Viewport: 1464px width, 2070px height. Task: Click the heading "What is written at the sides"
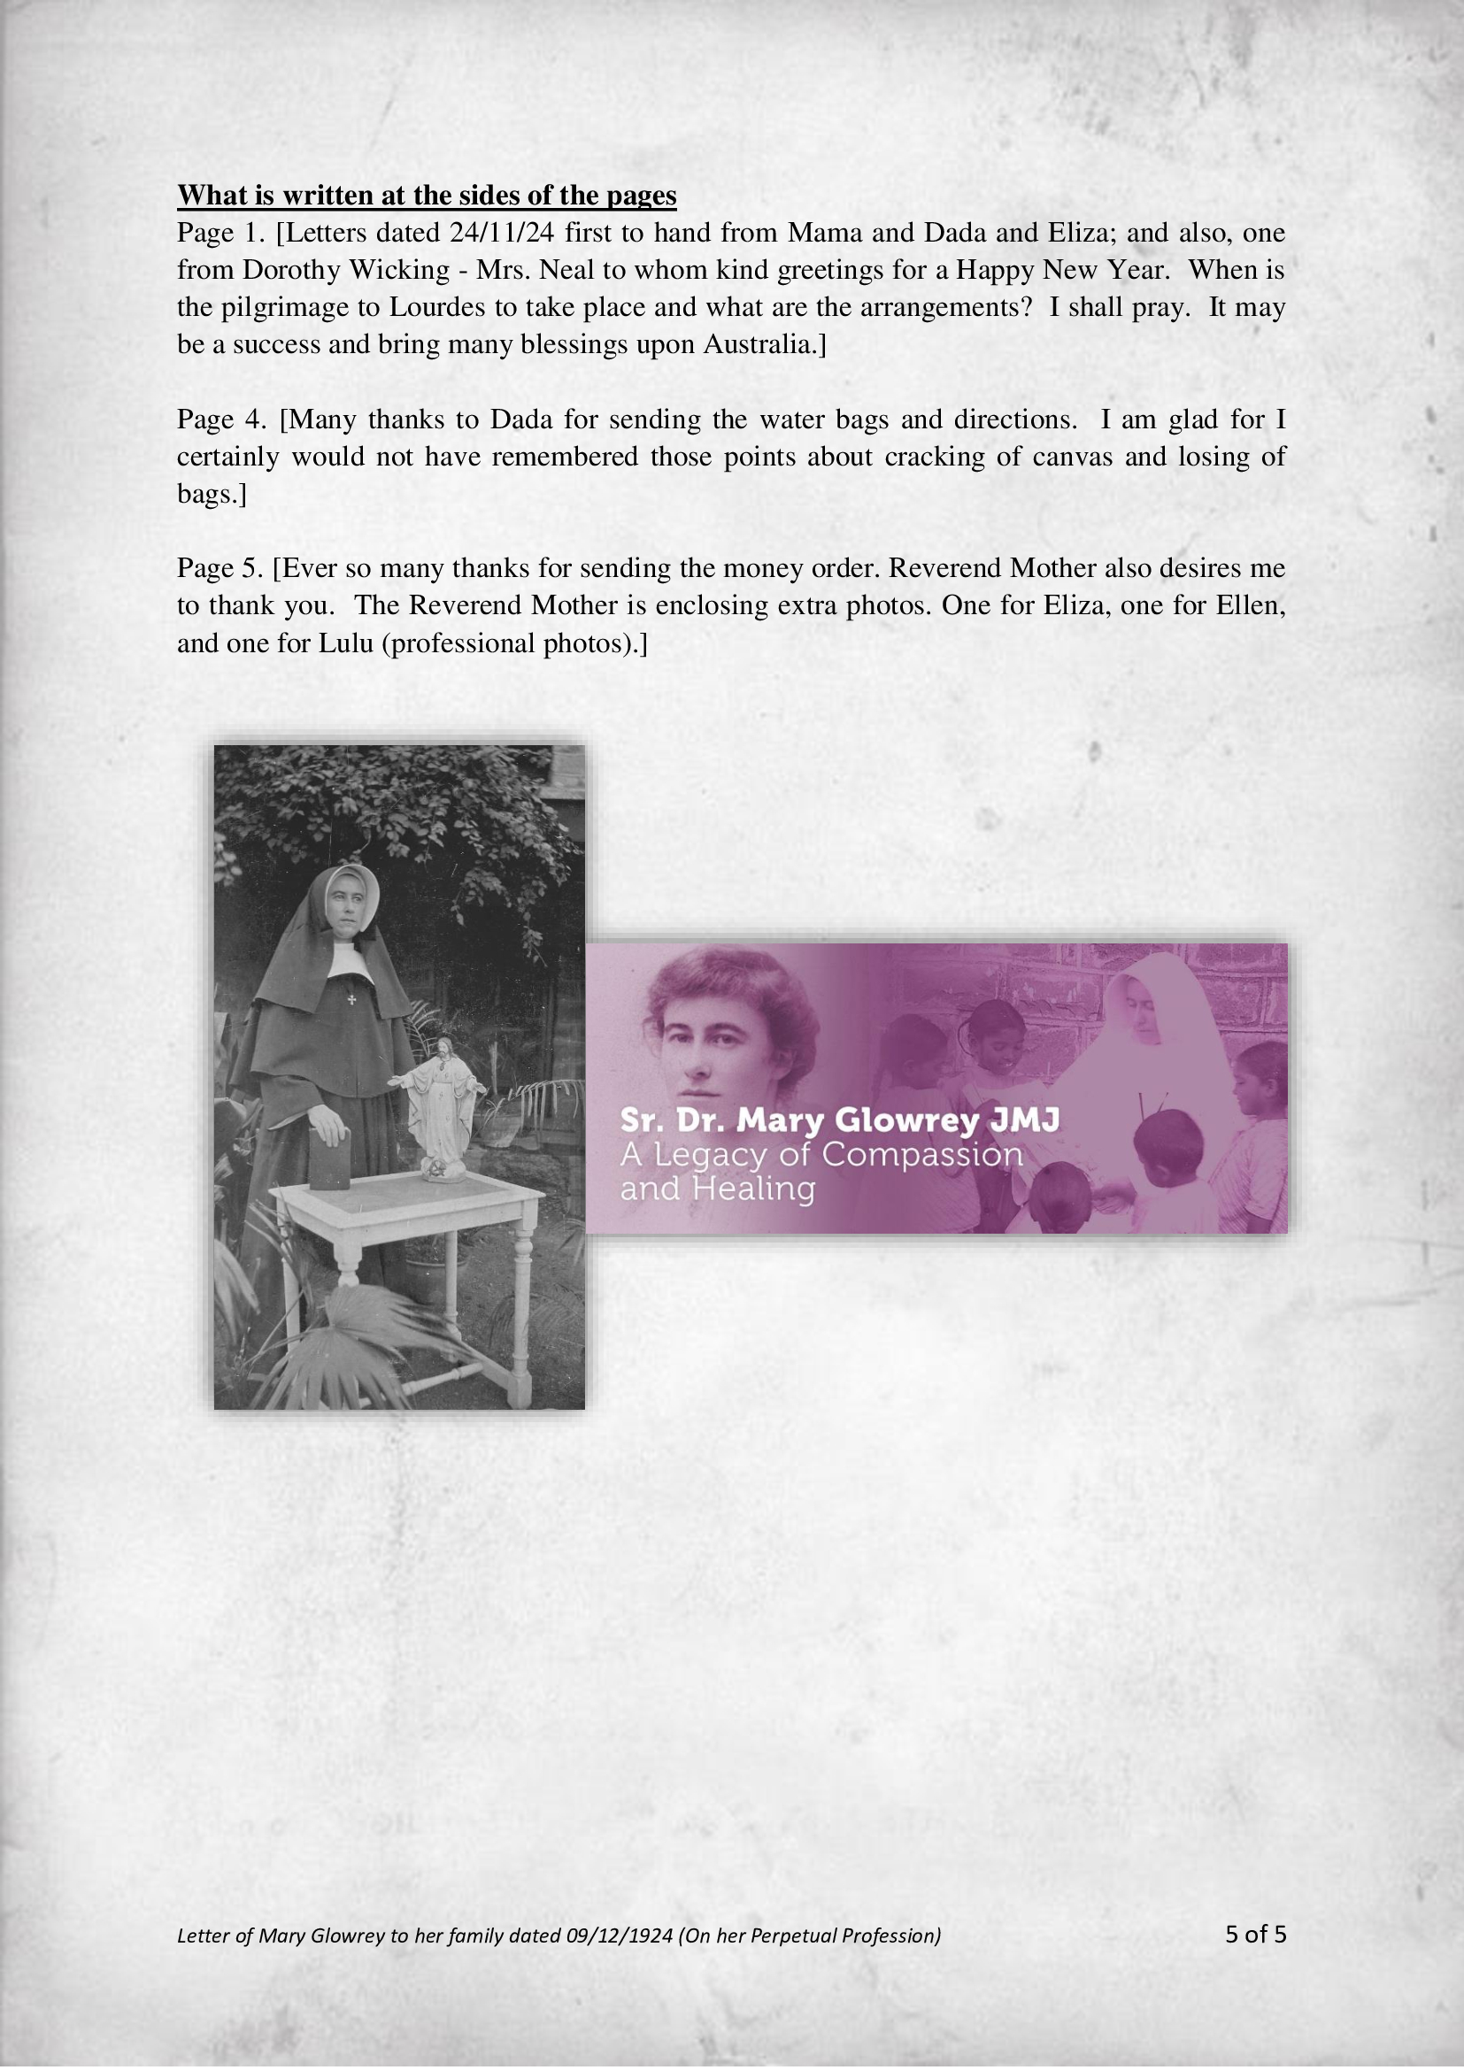coord(427,195)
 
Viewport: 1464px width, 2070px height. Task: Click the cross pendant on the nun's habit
coord(351,1000)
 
